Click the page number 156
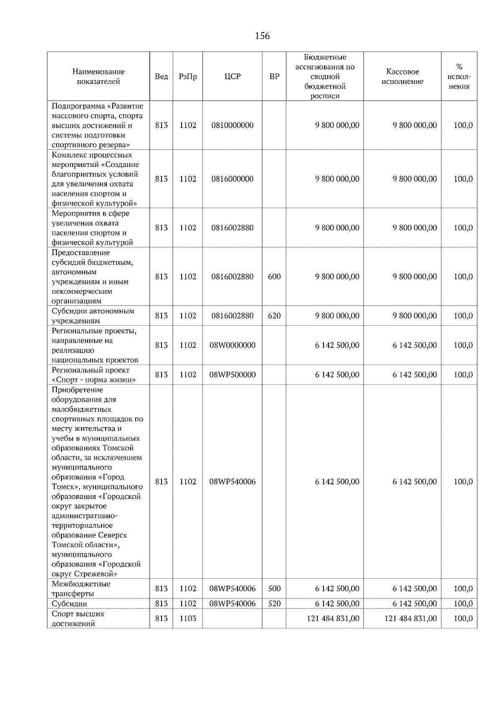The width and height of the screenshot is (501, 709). [x=262, y=36]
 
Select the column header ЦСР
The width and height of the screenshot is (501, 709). [x=233, y=76]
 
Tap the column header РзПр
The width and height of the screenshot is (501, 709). [x=187, y=76]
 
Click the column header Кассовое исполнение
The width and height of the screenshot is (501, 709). [x=402, y=76]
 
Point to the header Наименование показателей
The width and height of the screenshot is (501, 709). [x=98, y=76]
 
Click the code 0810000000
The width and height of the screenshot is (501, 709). [x=233, y=125]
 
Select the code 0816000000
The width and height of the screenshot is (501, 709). [x=233, y=179]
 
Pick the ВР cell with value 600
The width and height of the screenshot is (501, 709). [x=274, y=276]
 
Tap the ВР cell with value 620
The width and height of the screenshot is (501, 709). [x=274, y=316]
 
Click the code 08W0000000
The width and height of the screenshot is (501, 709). [x=233, y=345]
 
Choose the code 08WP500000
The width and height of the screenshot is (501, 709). [x=233, y=375]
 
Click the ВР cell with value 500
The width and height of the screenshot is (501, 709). [x=274, y=588]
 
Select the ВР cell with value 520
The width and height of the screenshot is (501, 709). [x=274, y=603]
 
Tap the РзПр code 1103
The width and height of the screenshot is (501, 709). [x=187, y=618]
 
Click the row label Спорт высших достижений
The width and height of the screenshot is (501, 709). [x=78, y=618]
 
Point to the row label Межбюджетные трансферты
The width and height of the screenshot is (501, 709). [x=81, y=588]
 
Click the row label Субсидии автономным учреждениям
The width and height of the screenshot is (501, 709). [x=93, y=316]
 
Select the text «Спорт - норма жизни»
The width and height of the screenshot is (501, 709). [x=94, y=380]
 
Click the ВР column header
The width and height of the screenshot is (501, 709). [x=274, y=76]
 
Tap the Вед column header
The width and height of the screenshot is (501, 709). [x=161, y=76]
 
